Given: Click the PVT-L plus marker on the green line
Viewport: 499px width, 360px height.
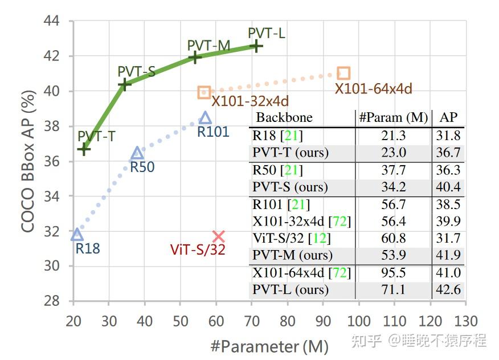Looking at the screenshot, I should [x=256, y=46].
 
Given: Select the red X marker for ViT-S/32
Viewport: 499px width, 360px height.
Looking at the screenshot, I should [x=219, y=236].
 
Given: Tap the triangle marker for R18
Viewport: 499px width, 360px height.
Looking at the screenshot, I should [x=77, y=235].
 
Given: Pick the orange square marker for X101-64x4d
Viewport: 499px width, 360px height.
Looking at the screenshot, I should [x=343, y=73].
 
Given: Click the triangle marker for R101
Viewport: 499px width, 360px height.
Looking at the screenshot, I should [x=206, y=118].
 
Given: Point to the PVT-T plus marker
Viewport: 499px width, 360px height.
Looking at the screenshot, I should [x=84, y=149].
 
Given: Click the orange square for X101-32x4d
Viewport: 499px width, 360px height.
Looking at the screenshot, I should [x=204, y=92].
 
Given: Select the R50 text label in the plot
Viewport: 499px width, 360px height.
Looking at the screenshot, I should [x=142, y=167].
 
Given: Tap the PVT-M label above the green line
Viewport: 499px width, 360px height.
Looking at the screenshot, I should [x=208, y=46].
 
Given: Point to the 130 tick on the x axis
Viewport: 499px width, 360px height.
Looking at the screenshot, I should [x=466, y=321].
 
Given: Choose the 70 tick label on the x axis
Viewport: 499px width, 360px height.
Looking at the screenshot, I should [x=251, y=321].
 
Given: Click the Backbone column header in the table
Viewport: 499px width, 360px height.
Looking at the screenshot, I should [x=284, y=118].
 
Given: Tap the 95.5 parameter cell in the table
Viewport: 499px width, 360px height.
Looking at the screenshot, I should [x=393, y=273].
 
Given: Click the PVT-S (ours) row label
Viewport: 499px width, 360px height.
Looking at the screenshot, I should [x=290, y=187].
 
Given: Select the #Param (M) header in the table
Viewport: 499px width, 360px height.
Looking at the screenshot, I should [x=393, y=118].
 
